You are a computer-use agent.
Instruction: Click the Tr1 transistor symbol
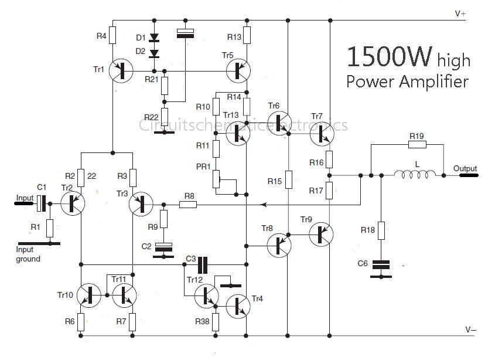click(x=121, y=70)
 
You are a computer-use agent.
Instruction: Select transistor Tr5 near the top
click(x=238, y=70)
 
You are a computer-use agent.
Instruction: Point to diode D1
click(x=154, y=39)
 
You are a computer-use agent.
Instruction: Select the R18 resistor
click(x=382, y=229)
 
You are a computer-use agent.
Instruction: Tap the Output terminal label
click(x=465, y=169)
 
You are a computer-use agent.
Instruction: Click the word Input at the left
click(x=25, y=198)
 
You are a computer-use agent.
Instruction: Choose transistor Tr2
click(x=73, y=203)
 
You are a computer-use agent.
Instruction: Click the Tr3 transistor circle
click(x=141, y=203)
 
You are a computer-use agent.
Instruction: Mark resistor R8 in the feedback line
click(x=188, y=204)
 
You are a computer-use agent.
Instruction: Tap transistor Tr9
click(x=320, y=233)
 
